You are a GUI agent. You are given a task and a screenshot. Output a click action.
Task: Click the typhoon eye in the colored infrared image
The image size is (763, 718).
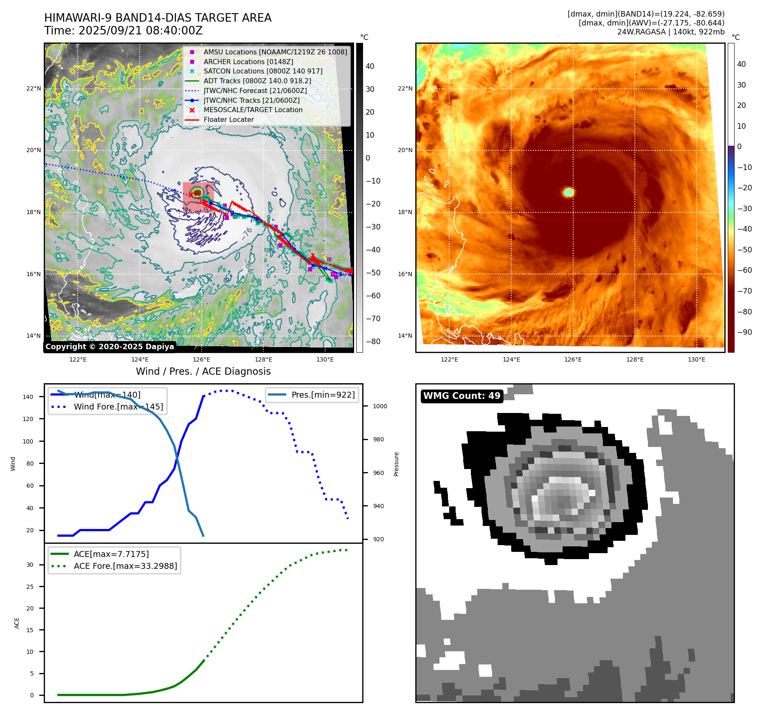click(569, 192)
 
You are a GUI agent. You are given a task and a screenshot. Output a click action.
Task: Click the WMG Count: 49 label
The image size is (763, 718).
click(462, 396)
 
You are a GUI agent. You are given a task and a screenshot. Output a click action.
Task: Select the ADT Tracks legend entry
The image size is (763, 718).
click(257, 81)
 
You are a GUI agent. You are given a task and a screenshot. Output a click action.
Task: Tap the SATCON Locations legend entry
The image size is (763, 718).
click(263, 71)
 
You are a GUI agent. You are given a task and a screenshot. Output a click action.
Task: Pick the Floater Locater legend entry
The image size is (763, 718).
click(228, 119)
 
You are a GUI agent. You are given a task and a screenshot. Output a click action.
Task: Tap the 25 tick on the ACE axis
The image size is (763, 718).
click(30, 587)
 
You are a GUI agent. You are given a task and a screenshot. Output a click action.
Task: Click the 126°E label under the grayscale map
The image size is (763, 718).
click(201, 359)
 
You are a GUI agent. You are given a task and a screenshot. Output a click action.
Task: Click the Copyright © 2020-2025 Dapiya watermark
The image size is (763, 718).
click(110, 347)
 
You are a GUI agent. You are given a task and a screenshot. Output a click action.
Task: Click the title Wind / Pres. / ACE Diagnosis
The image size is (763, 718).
click(203, 371)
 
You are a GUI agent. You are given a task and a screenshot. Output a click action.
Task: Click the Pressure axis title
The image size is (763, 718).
click(396, 464)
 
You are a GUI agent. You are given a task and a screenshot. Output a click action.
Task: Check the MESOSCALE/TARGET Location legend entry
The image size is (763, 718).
click(253, 110)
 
